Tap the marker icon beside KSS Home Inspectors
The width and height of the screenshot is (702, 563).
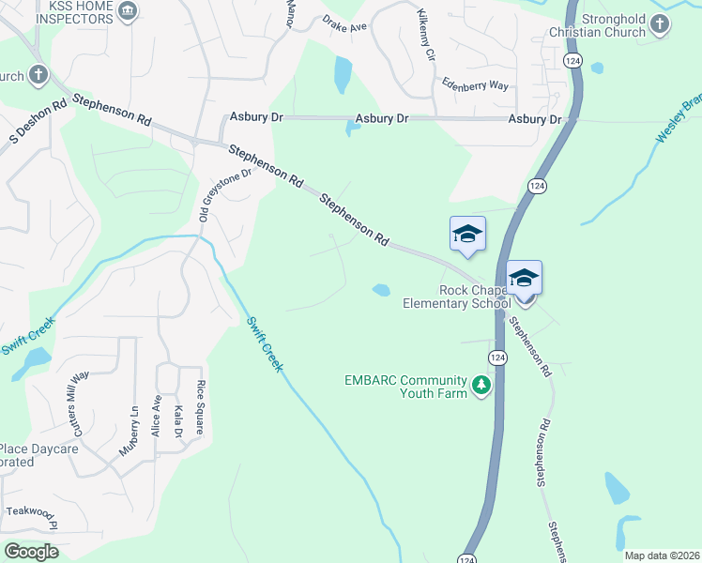(130, 12)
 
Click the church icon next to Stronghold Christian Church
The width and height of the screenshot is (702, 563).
(660, 23)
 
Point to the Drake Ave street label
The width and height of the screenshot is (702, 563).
(344, 23)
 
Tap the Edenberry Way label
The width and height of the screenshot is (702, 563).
(475, 85)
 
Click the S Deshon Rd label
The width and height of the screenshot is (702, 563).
(38, 122)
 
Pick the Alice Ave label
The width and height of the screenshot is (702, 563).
(157, 416)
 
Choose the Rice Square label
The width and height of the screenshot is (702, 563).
(199, 407)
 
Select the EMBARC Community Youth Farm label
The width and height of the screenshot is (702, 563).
(405, 387)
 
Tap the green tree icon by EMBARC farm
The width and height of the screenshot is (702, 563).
(481, 385)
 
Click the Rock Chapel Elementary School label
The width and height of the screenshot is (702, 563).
(456, 296)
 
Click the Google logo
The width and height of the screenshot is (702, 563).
(32, 551)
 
